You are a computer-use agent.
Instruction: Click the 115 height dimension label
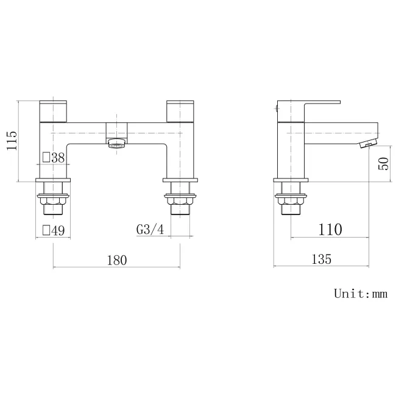(10, 141)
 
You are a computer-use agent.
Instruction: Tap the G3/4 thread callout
(149, 230)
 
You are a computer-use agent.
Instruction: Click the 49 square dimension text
(54, 230)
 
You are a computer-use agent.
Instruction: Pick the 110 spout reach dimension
(330, 229)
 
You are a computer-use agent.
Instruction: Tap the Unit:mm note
(361, 294)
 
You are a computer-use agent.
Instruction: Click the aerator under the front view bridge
(116, 144)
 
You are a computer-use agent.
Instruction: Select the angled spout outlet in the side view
(367, 144)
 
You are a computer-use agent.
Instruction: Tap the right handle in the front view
(181, 111)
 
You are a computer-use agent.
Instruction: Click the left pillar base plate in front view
(54, 180)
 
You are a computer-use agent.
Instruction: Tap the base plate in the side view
(291, 180)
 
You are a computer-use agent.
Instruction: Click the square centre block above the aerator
(116, 130)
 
